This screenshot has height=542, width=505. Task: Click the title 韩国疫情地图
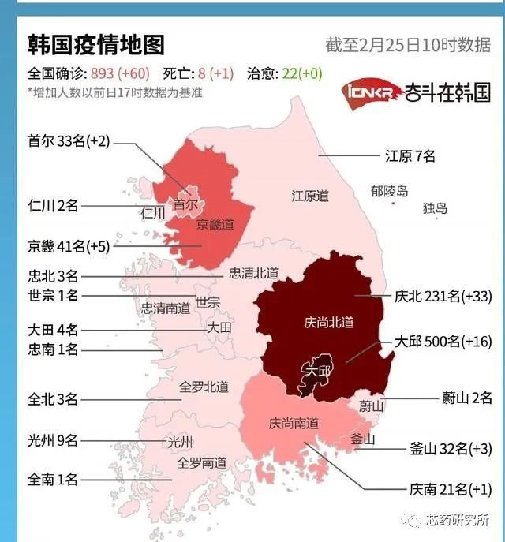point(95,43)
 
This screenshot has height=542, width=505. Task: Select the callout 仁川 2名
point(53,206)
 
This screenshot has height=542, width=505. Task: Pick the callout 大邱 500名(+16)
point(443,343)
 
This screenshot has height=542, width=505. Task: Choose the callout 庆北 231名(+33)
point(443,297)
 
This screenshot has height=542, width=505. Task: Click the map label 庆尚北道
point(328,322)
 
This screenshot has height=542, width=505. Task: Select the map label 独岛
point(435,208)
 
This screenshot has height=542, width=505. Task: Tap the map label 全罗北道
point(204,387)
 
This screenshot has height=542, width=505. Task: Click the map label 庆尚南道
point(294,424)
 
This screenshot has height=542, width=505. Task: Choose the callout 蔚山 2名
point(466,398)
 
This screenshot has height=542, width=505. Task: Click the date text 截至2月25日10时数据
point(407,44)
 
